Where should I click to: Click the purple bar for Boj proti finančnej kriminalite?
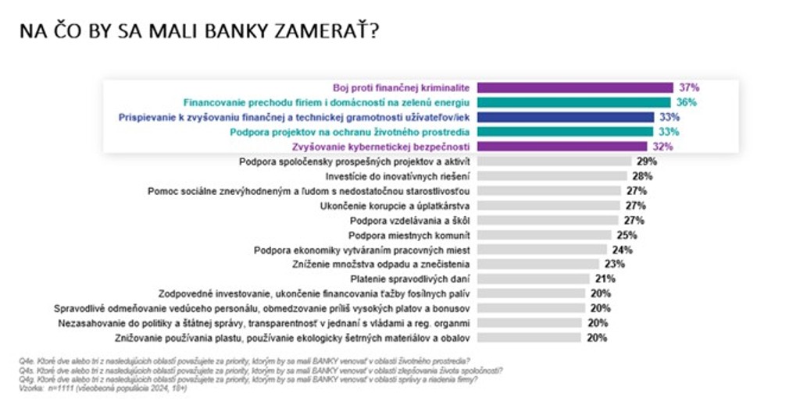tap(575, 88)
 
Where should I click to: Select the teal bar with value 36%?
tap(573, 102)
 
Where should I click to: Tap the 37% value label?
tap(688, 88)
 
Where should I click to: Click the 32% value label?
tap(662, 147)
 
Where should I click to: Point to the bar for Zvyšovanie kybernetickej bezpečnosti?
tap(562, 147)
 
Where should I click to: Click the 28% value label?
tap(642, 176)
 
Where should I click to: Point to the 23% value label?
tap(616, 264)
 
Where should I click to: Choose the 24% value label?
tap(622, 250)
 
